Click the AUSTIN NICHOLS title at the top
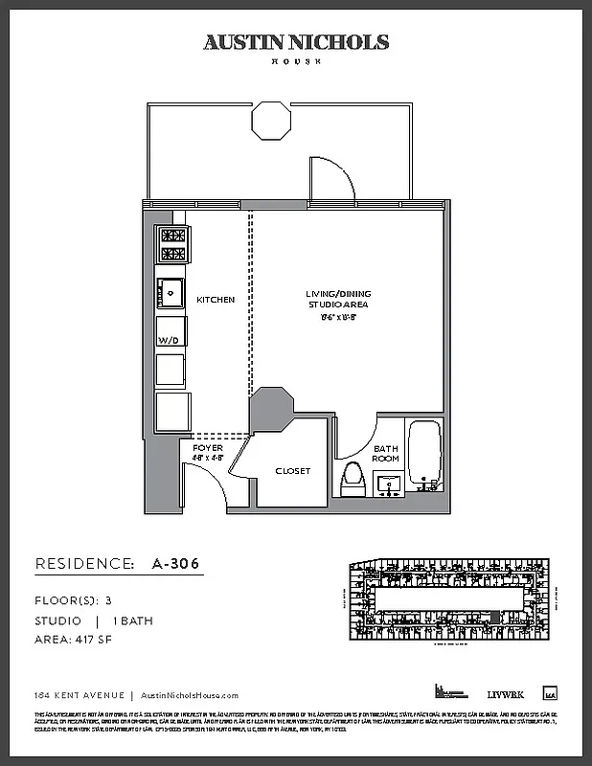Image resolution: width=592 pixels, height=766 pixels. tap(296, 42)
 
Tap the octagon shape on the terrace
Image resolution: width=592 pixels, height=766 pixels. tap(272, 122)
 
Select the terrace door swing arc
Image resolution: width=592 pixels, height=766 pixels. tap(331, 178)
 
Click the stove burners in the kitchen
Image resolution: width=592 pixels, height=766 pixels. tap(172, 244)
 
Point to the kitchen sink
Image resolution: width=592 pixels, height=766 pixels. tap(171, 291)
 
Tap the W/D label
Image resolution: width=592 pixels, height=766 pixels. tap(170, 339)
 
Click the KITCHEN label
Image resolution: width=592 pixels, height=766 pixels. tap(216, 300)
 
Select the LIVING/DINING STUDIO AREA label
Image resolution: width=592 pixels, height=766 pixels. tap(336, 300)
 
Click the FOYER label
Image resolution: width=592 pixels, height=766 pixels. tap(208, 448)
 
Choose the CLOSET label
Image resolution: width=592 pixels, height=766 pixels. tap(292, 471)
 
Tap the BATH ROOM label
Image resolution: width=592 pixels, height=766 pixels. tap(385, 453)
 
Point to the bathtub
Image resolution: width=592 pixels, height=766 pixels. tap(423, 453)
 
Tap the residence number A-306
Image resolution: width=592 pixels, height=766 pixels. tap(175, 564)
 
